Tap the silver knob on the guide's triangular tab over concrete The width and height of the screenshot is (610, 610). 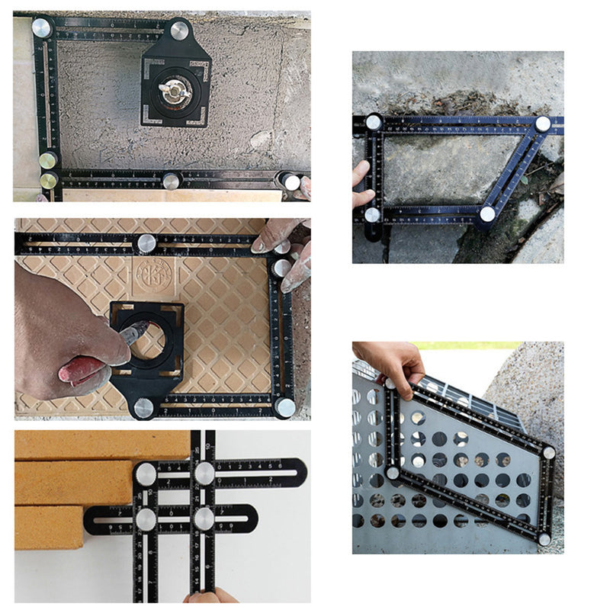[x=179, y=30]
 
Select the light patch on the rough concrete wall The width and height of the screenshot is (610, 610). [x=261, y=140]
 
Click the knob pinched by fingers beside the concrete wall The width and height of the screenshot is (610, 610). [x=291, y=182]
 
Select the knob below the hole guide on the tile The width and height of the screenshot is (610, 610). [x=143, y=407]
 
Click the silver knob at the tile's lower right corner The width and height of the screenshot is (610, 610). [x=285, y=407]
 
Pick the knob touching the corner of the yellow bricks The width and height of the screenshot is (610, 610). [x=146, y=474]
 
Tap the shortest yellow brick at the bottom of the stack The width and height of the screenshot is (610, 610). [x=48, y=528]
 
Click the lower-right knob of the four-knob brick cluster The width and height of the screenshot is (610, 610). [x=204, y=518]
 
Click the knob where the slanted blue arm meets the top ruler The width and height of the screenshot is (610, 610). [x=542, y=124]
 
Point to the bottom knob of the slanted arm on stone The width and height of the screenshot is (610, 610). [x=486, y=214]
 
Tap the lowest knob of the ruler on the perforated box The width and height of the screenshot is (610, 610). [x=544, y=539]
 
